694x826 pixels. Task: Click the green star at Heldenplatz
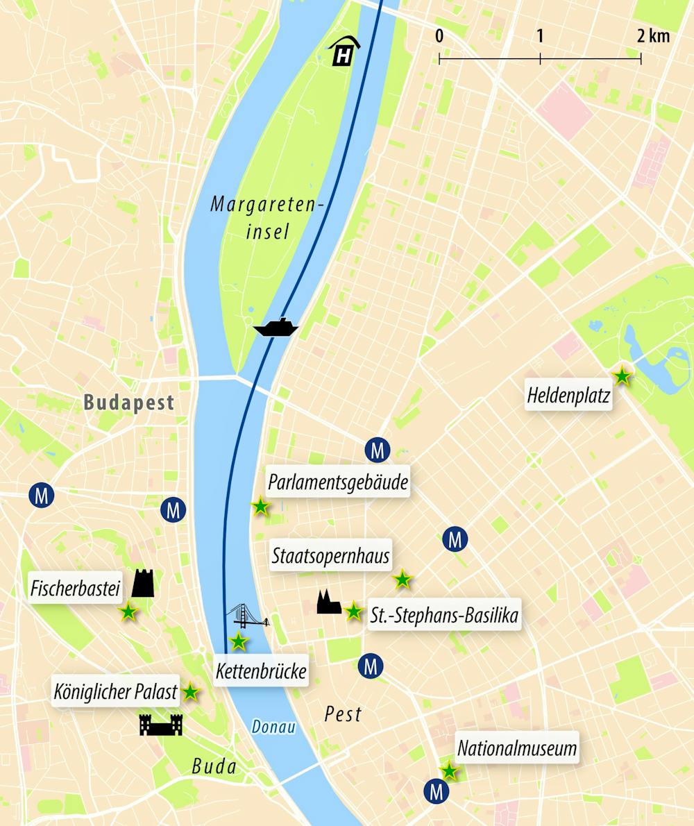click(623, 376)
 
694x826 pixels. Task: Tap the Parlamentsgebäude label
click(338, 482)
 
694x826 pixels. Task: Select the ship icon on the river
click(276, 327)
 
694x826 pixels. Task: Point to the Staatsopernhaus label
click(330, 556)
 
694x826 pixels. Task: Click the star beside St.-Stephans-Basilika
click(353, 612)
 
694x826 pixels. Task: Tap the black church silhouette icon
click(328, 602)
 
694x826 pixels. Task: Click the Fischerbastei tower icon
click(143, 583)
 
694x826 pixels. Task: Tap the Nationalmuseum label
click(517, 749)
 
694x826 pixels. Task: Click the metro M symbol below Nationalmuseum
click(437, 791)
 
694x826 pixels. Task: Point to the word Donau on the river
click(273, 728)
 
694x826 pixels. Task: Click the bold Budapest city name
click(128, 403)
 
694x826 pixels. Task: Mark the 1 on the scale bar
click(540, 36)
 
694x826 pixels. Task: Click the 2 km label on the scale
click(653, 36)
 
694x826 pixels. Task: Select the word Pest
click(343, 714)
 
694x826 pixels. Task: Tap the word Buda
click(214, 767)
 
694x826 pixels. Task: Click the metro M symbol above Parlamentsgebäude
click(378, 450)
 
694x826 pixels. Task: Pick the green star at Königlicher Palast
click(190, 691)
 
